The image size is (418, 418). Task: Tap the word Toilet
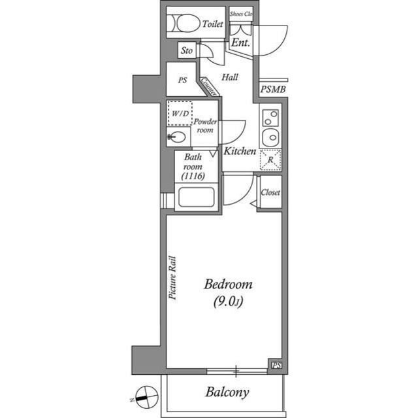pos(212,24)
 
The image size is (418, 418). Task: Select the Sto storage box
pos(187,50)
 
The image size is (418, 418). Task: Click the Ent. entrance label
pos(240,43)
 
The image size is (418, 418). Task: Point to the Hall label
pos(230,77)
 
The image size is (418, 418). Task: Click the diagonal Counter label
pos(208,87)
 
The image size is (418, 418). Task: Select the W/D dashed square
pos(180,113)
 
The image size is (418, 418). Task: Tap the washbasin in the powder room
pos(176,137)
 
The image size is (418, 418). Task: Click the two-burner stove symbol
pos(271,118)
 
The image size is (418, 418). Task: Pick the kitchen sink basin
pos(270,137)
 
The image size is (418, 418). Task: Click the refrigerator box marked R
pos(270,160)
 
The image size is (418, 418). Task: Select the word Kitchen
pos(240,151)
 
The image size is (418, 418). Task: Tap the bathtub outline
pos(197,197)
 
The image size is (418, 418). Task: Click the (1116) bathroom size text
pos(193,176)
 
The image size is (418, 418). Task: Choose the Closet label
pos(270,192)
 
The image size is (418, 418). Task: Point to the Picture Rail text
pos(172,277)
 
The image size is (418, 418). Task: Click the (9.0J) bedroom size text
pos(228,302)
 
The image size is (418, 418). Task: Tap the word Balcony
pos(227,392)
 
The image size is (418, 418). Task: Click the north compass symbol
pos(146,397)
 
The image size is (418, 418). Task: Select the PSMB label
pos(273,90)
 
